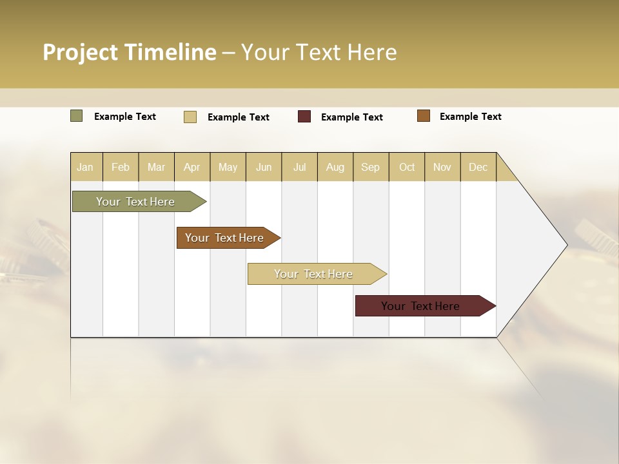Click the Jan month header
point(85,167)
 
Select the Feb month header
point(121,167)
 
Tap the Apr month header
point(192,167)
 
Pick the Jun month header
point(264,167)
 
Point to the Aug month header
point(335,167)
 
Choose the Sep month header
point(370,167)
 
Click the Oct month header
point(407,167)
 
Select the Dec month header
point(478,167)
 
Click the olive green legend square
point(77,116)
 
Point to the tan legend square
point(190,117)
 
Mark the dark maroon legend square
point(304,117)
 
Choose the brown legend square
point(424,116)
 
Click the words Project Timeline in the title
point(130,52)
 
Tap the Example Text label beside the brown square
point(470,117)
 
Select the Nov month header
point(442,167)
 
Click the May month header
point(228,167)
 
